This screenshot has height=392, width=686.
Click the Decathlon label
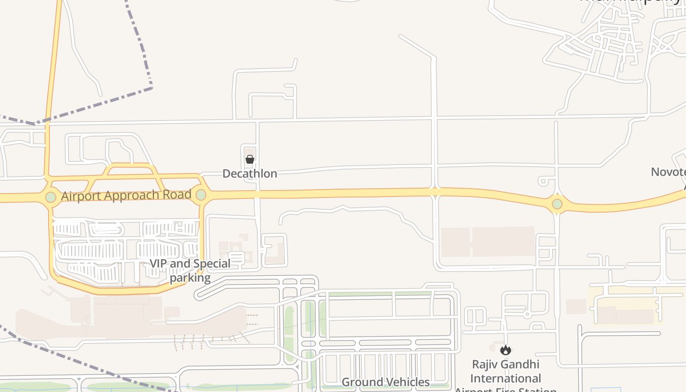coord(249,173)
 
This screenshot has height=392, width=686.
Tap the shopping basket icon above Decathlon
coord(249,159)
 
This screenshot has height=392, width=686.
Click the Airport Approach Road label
coord(126,195)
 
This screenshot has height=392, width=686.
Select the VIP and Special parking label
coord(190,270)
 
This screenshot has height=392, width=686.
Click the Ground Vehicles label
coord(385,382)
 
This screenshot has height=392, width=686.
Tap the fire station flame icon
coord(506,350)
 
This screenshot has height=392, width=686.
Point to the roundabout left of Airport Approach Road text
coord(50,197)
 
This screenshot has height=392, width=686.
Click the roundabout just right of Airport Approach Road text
coord(201,195)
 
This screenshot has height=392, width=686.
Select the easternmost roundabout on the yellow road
coord(557,203)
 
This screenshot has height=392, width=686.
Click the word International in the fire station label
coord(506,378)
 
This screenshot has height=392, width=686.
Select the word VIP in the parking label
coord(158,264)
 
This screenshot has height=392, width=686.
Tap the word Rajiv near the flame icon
coord(485,365)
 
